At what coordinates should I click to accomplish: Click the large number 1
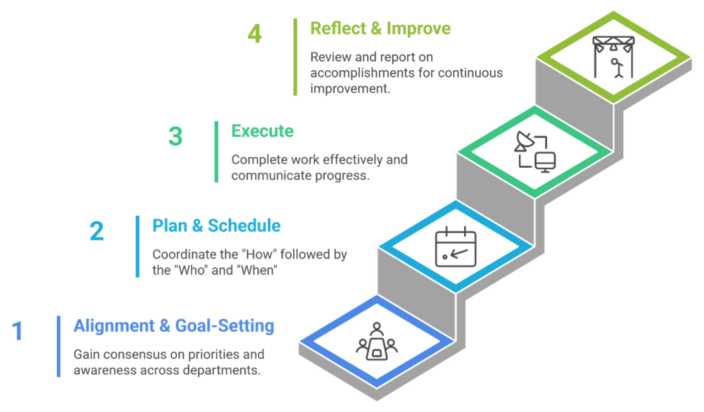point(18,331)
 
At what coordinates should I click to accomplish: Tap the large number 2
point(96,231)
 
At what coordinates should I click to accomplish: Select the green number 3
point(175,136)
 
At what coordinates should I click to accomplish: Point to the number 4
point(254,34)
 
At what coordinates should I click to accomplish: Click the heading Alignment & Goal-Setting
point(174,326)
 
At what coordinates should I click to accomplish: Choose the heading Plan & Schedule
point(216,226)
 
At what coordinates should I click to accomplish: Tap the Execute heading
point(262,131)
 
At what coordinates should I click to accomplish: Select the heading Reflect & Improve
point(380,29)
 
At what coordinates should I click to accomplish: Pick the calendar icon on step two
point(455,246)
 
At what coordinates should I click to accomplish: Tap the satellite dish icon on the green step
point(525,143)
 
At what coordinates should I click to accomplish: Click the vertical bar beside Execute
point(217,151)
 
